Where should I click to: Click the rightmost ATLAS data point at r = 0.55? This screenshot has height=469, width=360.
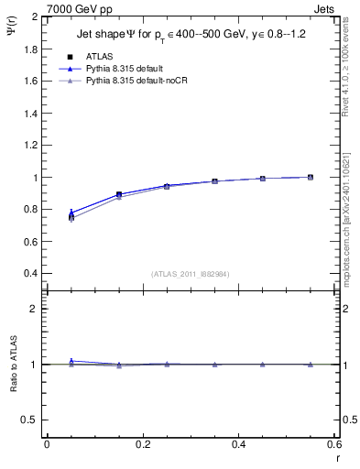311,177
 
